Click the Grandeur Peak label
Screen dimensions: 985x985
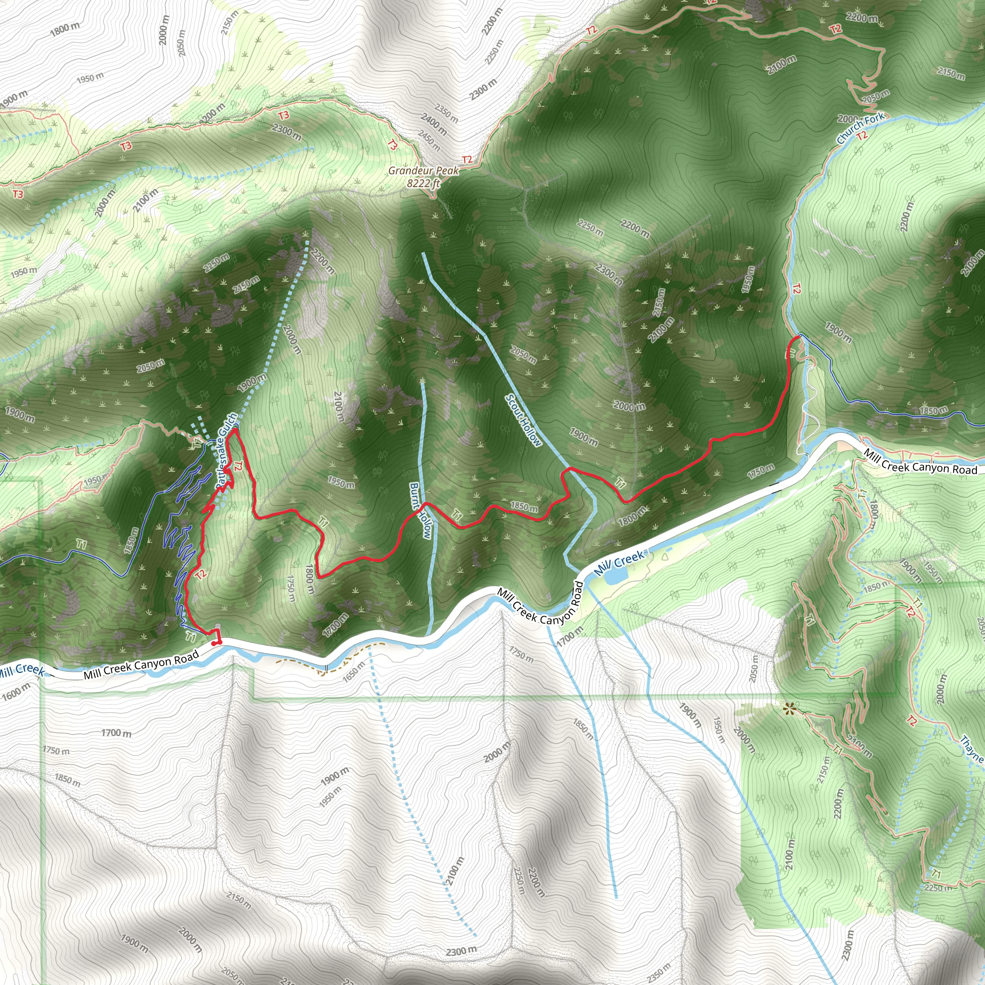(x=424, y=171)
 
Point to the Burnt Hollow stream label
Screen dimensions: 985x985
(x=422, y=511)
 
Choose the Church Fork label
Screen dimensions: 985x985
(x=860, y=128)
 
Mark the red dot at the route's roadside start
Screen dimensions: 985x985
(x=215, y=643)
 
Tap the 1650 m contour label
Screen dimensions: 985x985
(x=354, y=672)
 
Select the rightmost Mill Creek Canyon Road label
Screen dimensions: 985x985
(x=921, y=461)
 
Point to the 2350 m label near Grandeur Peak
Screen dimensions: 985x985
(x=446, y=113)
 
